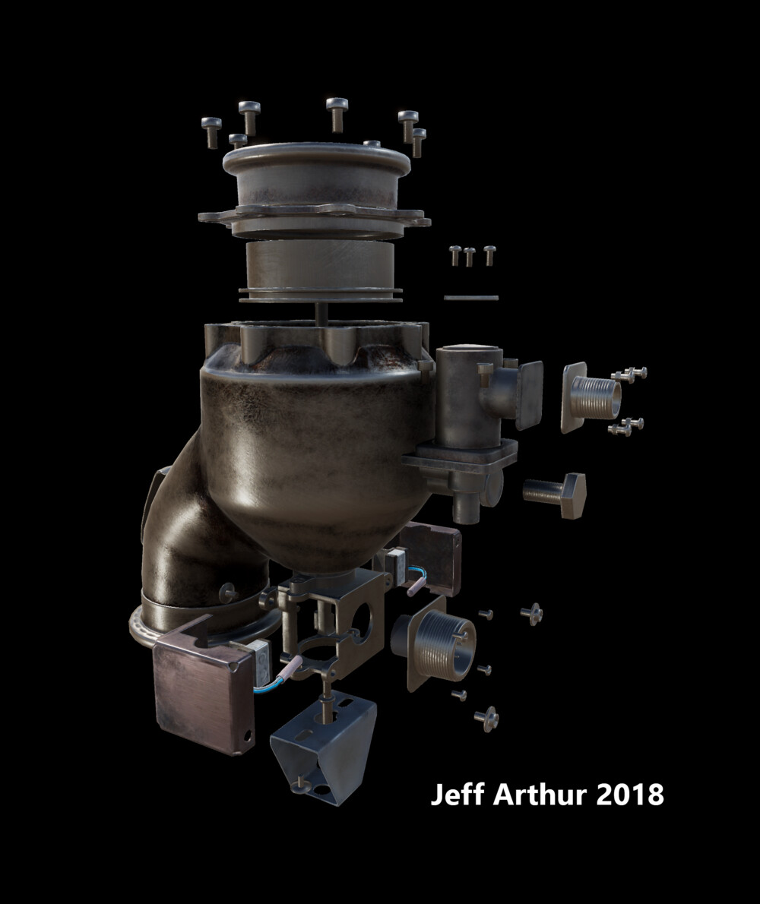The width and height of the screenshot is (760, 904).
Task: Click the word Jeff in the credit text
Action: tap(457, 795)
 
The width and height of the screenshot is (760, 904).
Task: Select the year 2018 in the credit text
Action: tap(631, 795)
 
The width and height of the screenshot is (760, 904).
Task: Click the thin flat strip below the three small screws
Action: tap(471, 298)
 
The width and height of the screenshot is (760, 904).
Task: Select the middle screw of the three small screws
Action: tap(470, 255)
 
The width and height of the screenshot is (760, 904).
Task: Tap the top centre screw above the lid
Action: tap(336, 112)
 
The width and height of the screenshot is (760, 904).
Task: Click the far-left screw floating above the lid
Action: tap(211, 131)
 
